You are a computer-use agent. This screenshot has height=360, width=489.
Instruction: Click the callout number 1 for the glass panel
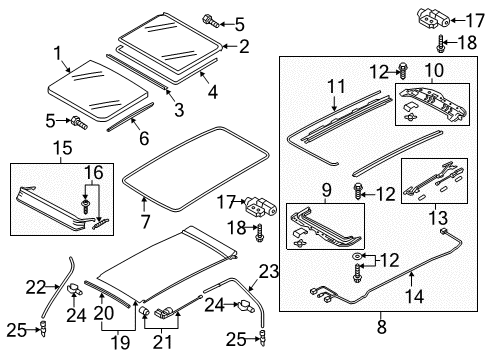[58, 53]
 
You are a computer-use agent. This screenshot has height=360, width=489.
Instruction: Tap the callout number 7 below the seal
[145, 222]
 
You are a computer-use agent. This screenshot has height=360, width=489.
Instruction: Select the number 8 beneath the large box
[382, 327]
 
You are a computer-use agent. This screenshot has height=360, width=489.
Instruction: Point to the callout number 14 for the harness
[415, 296]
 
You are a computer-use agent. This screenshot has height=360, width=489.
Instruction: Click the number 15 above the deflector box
[62, 148]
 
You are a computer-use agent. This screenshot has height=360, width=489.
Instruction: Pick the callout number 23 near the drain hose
[269, 272]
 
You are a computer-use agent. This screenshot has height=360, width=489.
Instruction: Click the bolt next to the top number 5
[210, 20]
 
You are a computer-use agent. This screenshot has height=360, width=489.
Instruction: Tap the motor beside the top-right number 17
[434, 18]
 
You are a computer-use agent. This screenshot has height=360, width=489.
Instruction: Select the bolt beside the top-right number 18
[440, 43]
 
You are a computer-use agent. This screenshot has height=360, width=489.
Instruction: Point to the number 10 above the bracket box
[434, 70]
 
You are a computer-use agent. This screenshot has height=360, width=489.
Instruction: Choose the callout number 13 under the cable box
[437, 218]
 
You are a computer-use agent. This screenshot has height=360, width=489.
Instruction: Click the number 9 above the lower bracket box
[327, 190]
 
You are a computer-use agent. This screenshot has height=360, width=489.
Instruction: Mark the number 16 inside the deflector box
[94, 173]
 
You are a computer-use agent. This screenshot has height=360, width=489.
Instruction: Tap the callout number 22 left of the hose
[36, 286]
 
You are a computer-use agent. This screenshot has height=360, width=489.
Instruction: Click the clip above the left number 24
[75, 289]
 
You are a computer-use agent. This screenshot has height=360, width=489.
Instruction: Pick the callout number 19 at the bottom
[120, 343]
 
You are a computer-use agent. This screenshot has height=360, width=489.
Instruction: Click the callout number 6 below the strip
[144, 138]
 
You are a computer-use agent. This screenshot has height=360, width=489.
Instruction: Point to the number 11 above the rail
[336, 86]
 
